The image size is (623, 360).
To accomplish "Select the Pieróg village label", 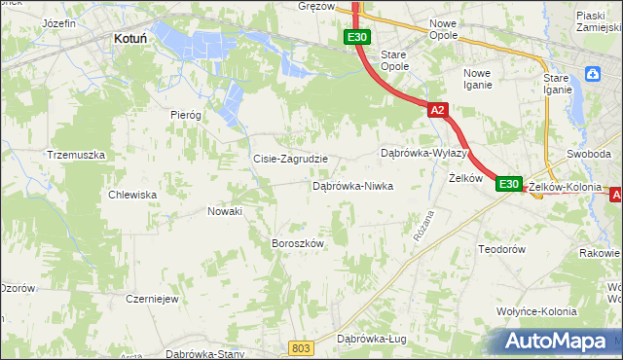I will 185,115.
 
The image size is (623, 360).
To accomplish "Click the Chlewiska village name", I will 133,195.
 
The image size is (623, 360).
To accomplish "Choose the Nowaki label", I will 225,210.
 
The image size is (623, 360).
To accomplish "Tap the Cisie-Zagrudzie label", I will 290,159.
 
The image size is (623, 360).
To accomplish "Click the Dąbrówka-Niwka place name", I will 351,185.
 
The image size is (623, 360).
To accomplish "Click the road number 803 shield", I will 302,347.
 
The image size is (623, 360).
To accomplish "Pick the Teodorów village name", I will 501,249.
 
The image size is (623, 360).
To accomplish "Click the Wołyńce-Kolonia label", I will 535,311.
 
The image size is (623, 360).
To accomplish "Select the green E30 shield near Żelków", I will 508,183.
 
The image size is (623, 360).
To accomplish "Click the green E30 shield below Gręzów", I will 356,37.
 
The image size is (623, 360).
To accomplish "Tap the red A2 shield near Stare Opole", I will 437,110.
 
